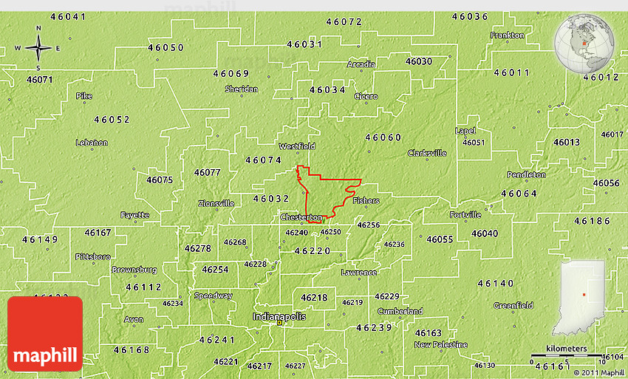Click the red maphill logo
(x=45, y=333)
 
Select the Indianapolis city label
(x=279, y=316)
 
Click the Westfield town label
(x=296, y=146)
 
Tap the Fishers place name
(x=366, y=200)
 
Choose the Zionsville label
(x=216, y=203)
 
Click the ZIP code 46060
(x=383, y=137)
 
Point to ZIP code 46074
(x=264, y=160)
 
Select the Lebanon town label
(x=92, y=143)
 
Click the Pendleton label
(x=526, y=174)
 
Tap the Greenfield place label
(x=513, y=305)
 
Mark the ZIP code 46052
(x=112, y=119)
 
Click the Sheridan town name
(x=242, y=89)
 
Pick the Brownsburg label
(x=134, y=270)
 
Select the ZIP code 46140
(x=495, y=283)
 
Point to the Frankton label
(x=507, y=35)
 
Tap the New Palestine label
(x=440, y=344)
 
